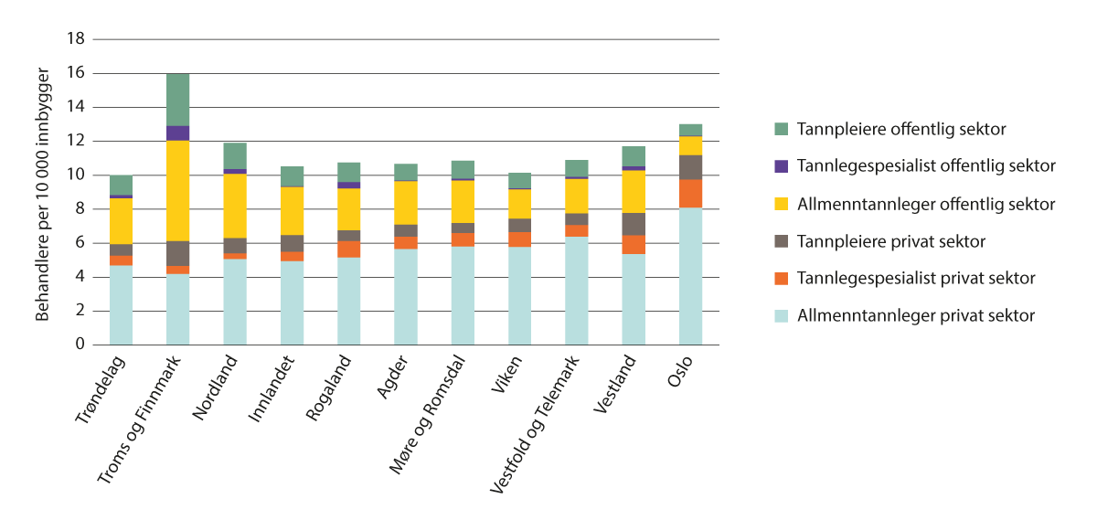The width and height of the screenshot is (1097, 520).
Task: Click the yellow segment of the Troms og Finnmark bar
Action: [x=177, y=190]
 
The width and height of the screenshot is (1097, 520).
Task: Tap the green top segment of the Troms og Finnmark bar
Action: [x=177, y=100]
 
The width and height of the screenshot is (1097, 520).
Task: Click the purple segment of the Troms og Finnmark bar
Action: [x=177, y=133]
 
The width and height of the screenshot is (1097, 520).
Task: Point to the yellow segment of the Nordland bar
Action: [x=235, y=206]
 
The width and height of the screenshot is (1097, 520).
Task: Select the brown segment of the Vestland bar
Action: [x=634, y=224]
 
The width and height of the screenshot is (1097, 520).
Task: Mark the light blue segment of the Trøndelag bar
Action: [x=121, y=304]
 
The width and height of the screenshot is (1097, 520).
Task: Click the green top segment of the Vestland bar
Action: [x=634, y=155]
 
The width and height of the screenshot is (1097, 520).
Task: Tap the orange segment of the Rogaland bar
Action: [x=348, y=249]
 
